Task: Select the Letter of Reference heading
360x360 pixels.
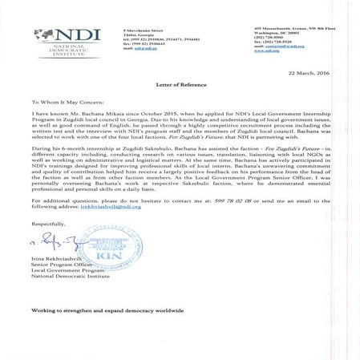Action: [x=179, y=83]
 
